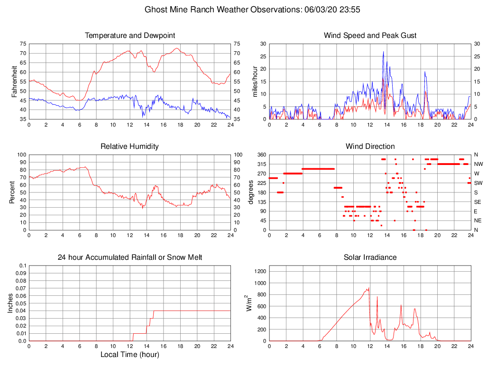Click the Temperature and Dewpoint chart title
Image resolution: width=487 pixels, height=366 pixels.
point(129,36)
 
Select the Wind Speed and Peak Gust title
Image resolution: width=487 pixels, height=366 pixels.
point(370,36)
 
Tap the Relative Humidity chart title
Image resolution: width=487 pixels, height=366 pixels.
point(129,146)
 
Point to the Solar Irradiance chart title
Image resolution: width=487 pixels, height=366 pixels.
point(370,257)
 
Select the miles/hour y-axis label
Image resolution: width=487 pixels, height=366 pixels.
point(255,82)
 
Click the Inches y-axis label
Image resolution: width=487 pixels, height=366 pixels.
point(11,303)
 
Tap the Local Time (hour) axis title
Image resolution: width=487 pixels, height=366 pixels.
point(129,355)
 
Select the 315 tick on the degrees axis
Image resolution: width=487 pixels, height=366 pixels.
point(262,164)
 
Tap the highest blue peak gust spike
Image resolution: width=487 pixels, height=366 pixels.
point(383,52)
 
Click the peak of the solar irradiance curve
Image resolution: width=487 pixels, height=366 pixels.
point(368,288)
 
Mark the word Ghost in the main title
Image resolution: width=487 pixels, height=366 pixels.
point(156,9)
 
